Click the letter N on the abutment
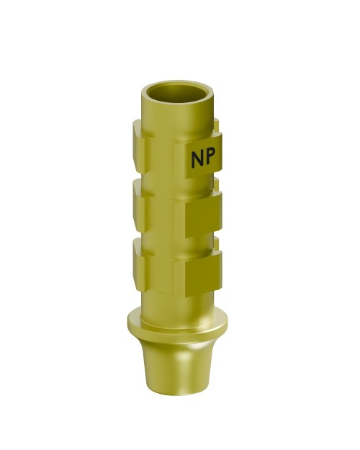197,159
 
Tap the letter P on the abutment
212,159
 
